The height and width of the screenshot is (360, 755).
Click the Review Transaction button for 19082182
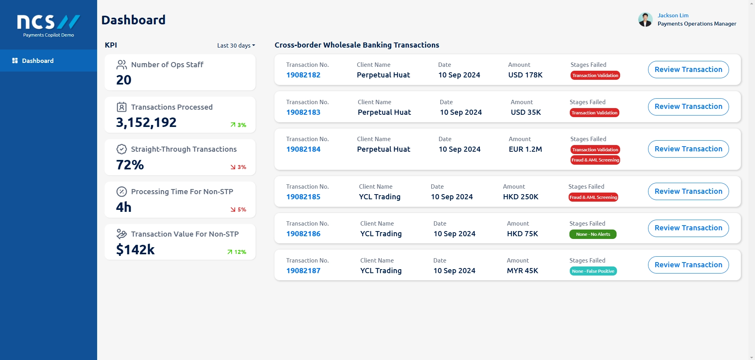coord(688,70)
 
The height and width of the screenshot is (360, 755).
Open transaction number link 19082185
coord(303,197)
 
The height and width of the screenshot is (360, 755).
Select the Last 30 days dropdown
coord(236,46)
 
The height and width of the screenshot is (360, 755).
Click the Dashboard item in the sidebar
coord(38,61)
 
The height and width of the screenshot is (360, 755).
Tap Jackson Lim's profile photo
coord(645,19)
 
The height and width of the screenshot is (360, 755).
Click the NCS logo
coord(48,22)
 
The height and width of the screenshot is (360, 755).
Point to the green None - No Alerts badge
coord(593,234)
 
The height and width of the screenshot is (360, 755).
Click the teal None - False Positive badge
coord(593,271)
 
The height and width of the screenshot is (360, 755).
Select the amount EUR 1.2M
coord(525,149)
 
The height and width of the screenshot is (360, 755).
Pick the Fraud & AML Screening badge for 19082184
coord(595,160)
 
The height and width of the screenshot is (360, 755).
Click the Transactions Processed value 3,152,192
coord(146,123)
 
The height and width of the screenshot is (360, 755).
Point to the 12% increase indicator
coord(237,252)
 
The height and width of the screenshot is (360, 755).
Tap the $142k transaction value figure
coord(135,250)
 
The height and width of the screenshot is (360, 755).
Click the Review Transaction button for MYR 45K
coord(688,265)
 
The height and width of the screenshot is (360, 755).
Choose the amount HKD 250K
coord(521,197)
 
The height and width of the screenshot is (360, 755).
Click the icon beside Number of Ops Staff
coord(122,64)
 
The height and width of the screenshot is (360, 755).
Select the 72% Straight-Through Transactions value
coord(130,165)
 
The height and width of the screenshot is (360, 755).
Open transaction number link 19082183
coord(303,112)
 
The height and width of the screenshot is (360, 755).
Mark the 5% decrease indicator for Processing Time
coord(238,209)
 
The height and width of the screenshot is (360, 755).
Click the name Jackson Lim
coord(673,15)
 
